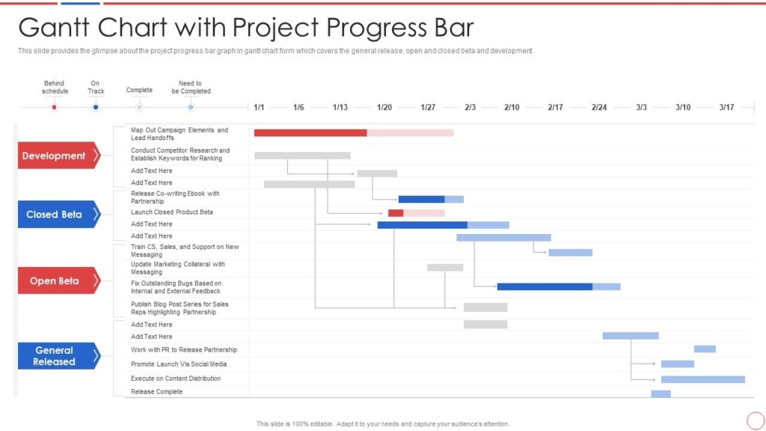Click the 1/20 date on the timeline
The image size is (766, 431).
[384, 108]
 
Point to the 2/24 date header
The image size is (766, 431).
[599, 108]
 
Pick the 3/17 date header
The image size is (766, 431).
[726, 108]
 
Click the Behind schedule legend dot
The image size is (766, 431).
[54, 108]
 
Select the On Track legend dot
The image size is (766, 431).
[96, 108]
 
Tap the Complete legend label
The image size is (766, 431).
[139, 91]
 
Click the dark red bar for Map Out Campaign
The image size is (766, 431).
[310, 132]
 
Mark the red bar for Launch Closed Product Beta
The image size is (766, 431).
[396, 213]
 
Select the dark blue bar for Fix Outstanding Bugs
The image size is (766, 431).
[545, 287]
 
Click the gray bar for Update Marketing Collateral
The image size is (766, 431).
[445, 267]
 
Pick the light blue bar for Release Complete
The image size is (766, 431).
[661, 394]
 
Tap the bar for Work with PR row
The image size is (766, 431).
[705, 349]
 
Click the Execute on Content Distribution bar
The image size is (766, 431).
[702, 379]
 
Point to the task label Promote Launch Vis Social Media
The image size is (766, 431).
[179, 364]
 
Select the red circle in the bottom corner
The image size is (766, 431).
[756, 421]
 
